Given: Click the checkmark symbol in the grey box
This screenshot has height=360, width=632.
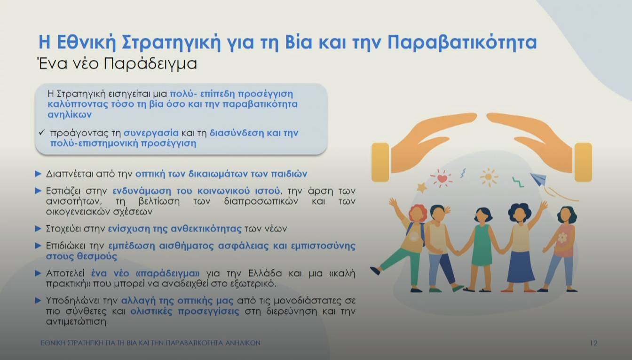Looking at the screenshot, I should [41, 133].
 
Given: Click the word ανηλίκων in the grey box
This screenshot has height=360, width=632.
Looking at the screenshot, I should [70, 115].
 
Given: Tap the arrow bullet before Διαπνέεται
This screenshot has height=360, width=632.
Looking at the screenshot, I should [39, 174].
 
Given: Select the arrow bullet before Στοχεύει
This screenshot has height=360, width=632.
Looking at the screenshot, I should [39, 229].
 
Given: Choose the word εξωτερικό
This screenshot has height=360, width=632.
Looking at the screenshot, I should [253, 284].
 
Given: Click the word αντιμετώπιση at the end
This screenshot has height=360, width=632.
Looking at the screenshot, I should [77, 322].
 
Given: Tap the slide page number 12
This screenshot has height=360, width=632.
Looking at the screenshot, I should [593, 343].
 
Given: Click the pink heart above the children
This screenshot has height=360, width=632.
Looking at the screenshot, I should [442, 178].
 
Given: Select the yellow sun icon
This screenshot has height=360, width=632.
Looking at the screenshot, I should [489, 177].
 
